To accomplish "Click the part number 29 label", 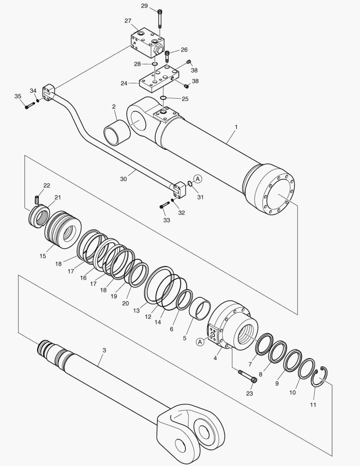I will pyautogui.click(x=144, y=6).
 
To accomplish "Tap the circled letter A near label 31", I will pyautogui.click(x=197, y=178).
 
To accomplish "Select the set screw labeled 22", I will pyautogui.click(x=37, y=200).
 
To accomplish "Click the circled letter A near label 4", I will pyautogui.click(x=200, y=342).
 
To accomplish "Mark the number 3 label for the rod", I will pyautogui.click(x=104, y=351).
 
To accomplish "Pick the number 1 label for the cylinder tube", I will pyautogui.click(x=236, y=127).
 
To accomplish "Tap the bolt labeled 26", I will pyautogui.click(x=167, y=56).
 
